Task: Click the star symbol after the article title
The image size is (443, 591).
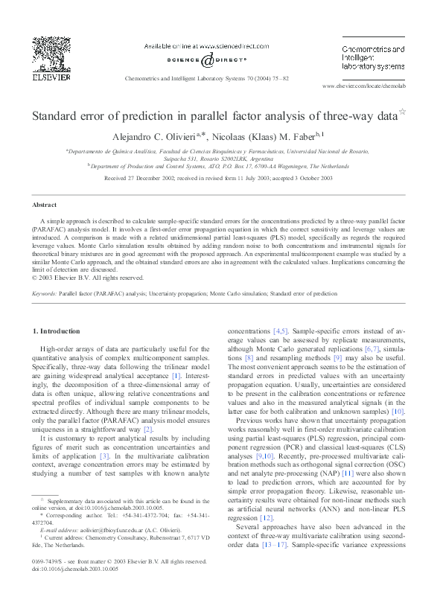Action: pyautogui.click(x=403, y=112)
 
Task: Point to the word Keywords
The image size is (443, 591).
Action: pyautogui.click(x=45, y=314)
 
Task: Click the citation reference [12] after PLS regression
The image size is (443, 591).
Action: pyautogui.click(x=263, y=537)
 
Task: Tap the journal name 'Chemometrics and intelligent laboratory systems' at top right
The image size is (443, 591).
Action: pyautogui.click(x=373, y=56)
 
